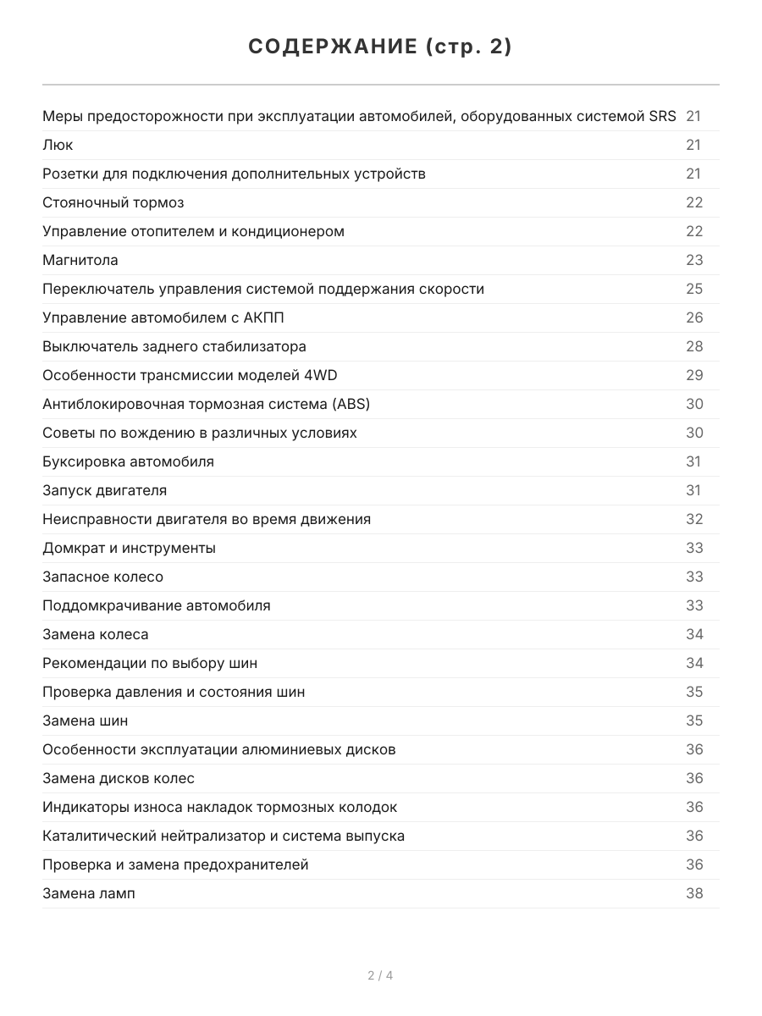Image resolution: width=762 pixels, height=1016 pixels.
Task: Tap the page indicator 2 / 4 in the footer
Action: (380, 975)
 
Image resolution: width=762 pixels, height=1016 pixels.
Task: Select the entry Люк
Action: (58, 145)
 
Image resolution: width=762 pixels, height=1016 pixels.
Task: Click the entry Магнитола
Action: (80, 260)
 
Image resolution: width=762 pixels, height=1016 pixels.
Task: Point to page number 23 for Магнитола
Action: (694, 260)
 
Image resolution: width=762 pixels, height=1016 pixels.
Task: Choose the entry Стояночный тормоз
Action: (113, 202)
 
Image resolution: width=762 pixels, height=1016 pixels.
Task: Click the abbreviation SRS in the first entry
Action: (662, 116)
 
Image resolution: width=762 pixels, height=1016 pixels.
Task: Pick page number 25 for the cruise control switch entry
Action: (694, 289)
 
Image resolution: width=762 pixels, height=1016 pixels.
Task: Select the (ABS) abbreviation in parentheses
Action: (351, 404)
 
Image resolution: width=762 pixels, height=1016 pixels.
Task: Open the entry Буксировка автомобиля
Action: (128, 461)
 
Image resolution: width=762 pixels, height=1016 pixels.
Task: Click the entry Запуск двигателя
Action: (104, 490)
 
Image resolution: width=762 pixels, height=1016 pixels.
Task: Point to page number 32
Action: (694, 519)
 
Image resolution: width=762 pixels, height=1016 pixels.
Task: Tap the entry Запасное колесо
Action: (102, 577)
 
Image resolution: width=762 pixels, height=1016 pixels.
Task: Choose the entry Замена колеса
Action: (95, 634)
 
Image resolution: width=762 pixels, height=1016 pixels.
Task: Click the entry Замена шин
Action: (85, 721)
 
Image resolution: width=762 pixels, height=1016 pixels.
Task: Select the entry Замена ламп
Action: (88, 893)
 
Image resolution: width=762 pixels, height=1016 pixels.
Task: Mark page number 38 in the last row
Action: (694, 893)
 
